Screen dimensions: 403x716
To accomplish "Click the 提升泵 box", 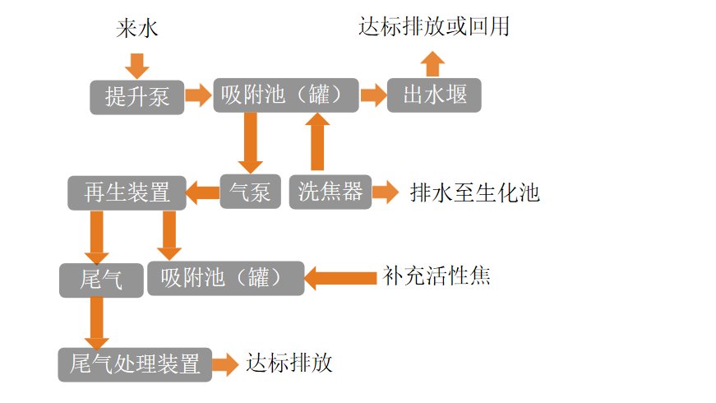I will click(137, 96).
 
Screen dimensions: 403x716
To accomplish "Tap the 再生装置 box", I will click(127, 192).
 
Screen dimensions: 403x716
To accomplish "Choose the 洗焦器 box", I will click(330, 192).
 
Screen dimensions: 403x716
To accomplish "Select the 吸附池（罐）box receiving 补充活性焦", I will click(225, 278).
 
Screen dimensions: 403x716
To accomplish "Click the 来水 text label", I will click(136, 30).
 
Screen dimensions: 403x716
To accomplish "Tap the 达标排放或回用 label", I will click(434, 26).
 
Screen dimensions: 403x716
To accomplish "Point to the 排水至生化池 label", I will click(474, 193).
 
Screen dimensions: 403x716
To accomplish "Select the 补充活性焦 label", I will click(437, 276).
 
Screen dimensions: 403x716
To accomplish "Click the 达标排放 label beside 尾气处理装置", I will click(289, 364).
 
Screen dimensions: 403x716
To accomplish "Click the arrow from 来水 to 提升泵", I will click(137, 64).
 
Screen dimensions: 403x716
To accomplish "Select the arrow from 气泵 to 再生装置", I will click(203, 193).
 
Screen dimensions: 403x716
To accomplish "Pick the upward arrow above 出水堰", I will click(432, 63).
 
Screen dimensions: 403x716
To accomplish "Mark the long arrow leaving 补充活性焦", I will click(340, 278).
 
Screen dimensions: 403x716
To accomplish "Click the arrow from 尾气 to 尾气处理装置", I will click(97, 322).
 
